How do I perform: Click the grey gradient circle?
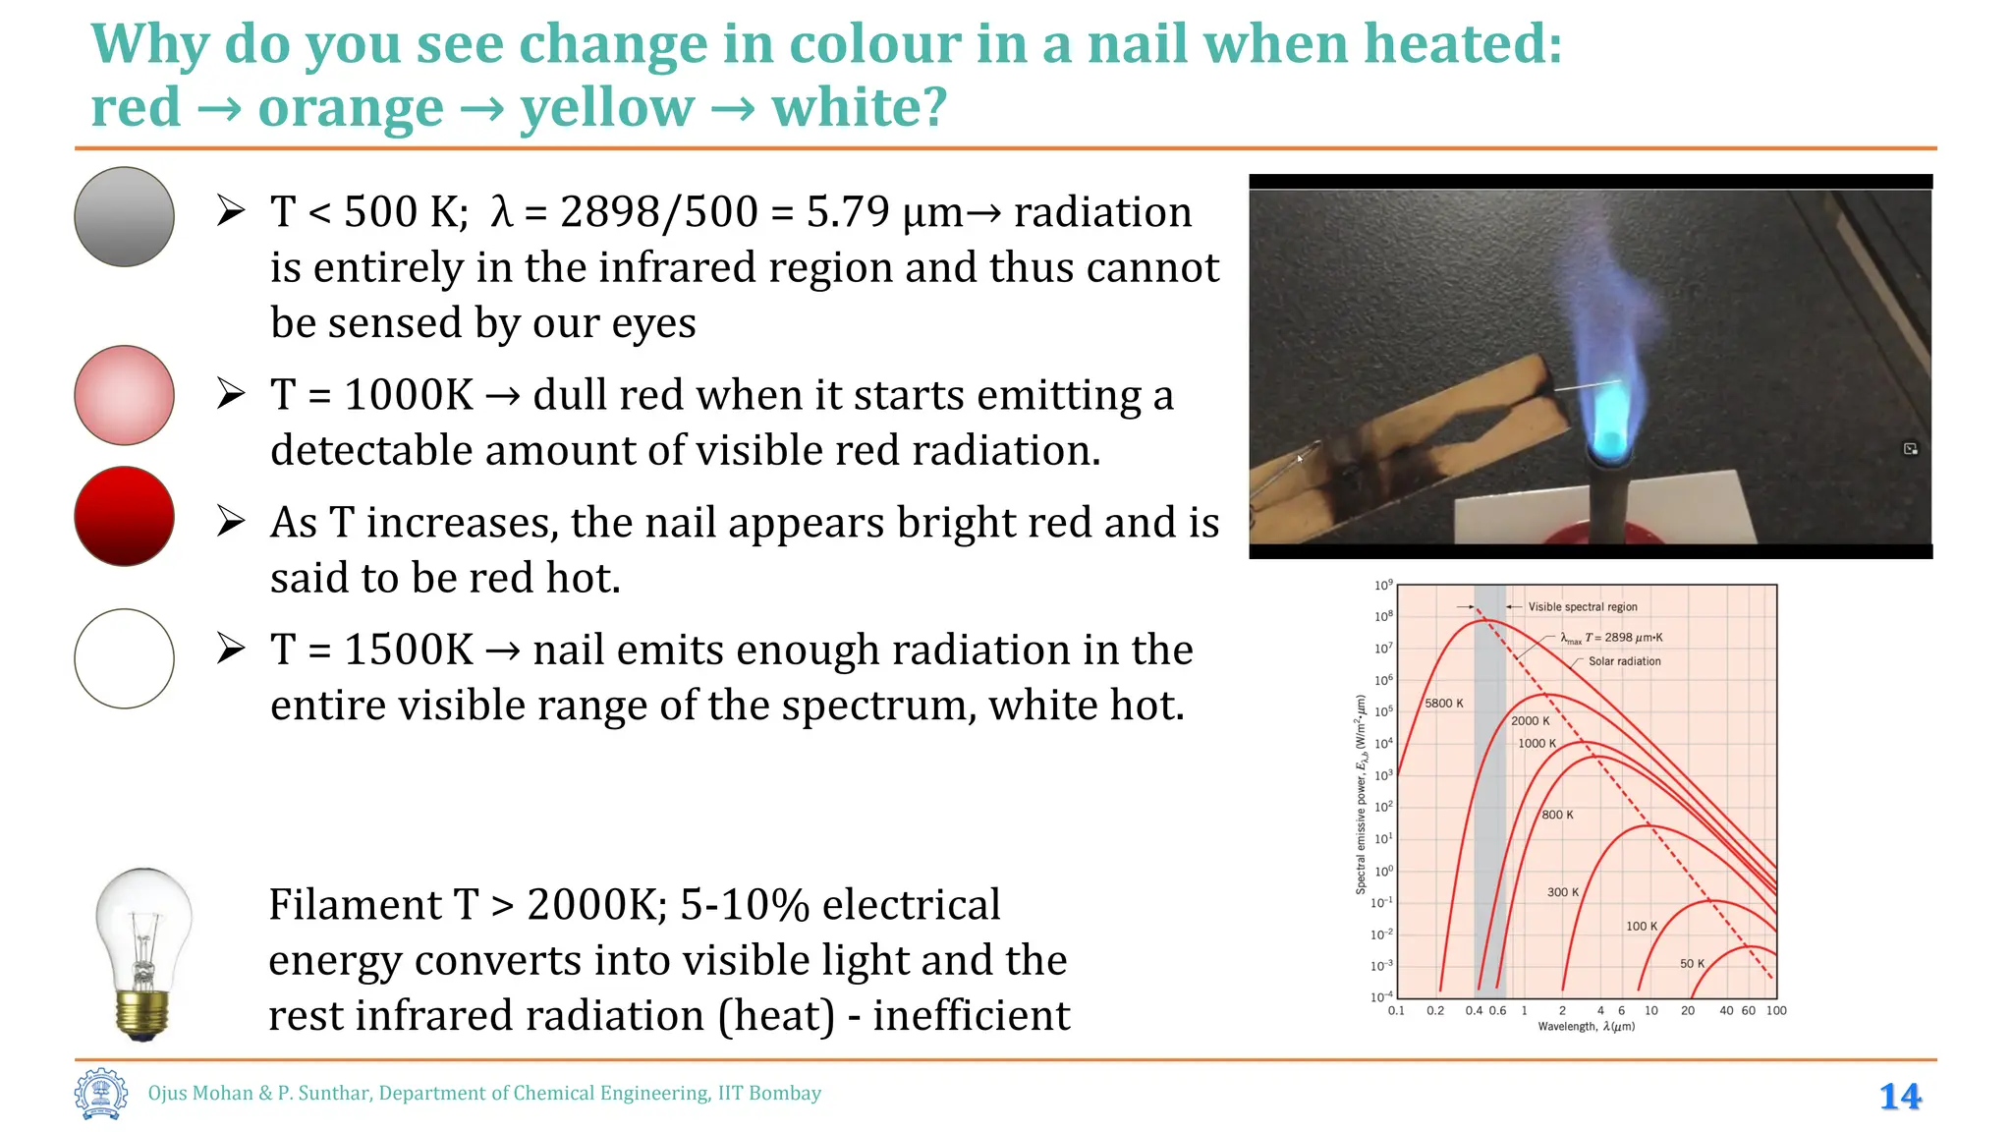[x=124, y=216]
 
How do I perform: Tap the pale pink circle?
[x=124, y=395]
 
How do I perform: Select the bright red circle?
[x=124, y=516]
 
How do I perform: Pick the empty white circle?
[x=124, y=658]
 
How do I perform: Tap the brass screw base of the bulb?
[x=143, y=1012]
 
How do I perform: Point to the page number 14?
[x=1900, y=1097]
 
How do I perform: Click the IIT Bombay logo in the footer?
[x=101, y=1094]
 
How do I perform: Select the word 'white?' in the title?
[x=859, y=107]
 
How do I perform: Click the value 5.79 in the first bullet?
[x=848, y=212]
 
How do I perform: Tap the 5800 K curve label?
[x=1443, y=704]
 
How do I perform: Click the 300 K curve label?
[x=1562, y=892]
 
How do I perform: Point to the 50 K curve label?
[x=1692, y=964]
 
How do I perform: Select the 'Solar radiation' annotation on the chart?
[x=1624, y=661]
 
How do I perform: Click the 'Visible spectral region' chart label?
[x=1582, y=607]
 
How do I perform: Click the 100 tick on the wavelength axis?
[x=1776, y=1011]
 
